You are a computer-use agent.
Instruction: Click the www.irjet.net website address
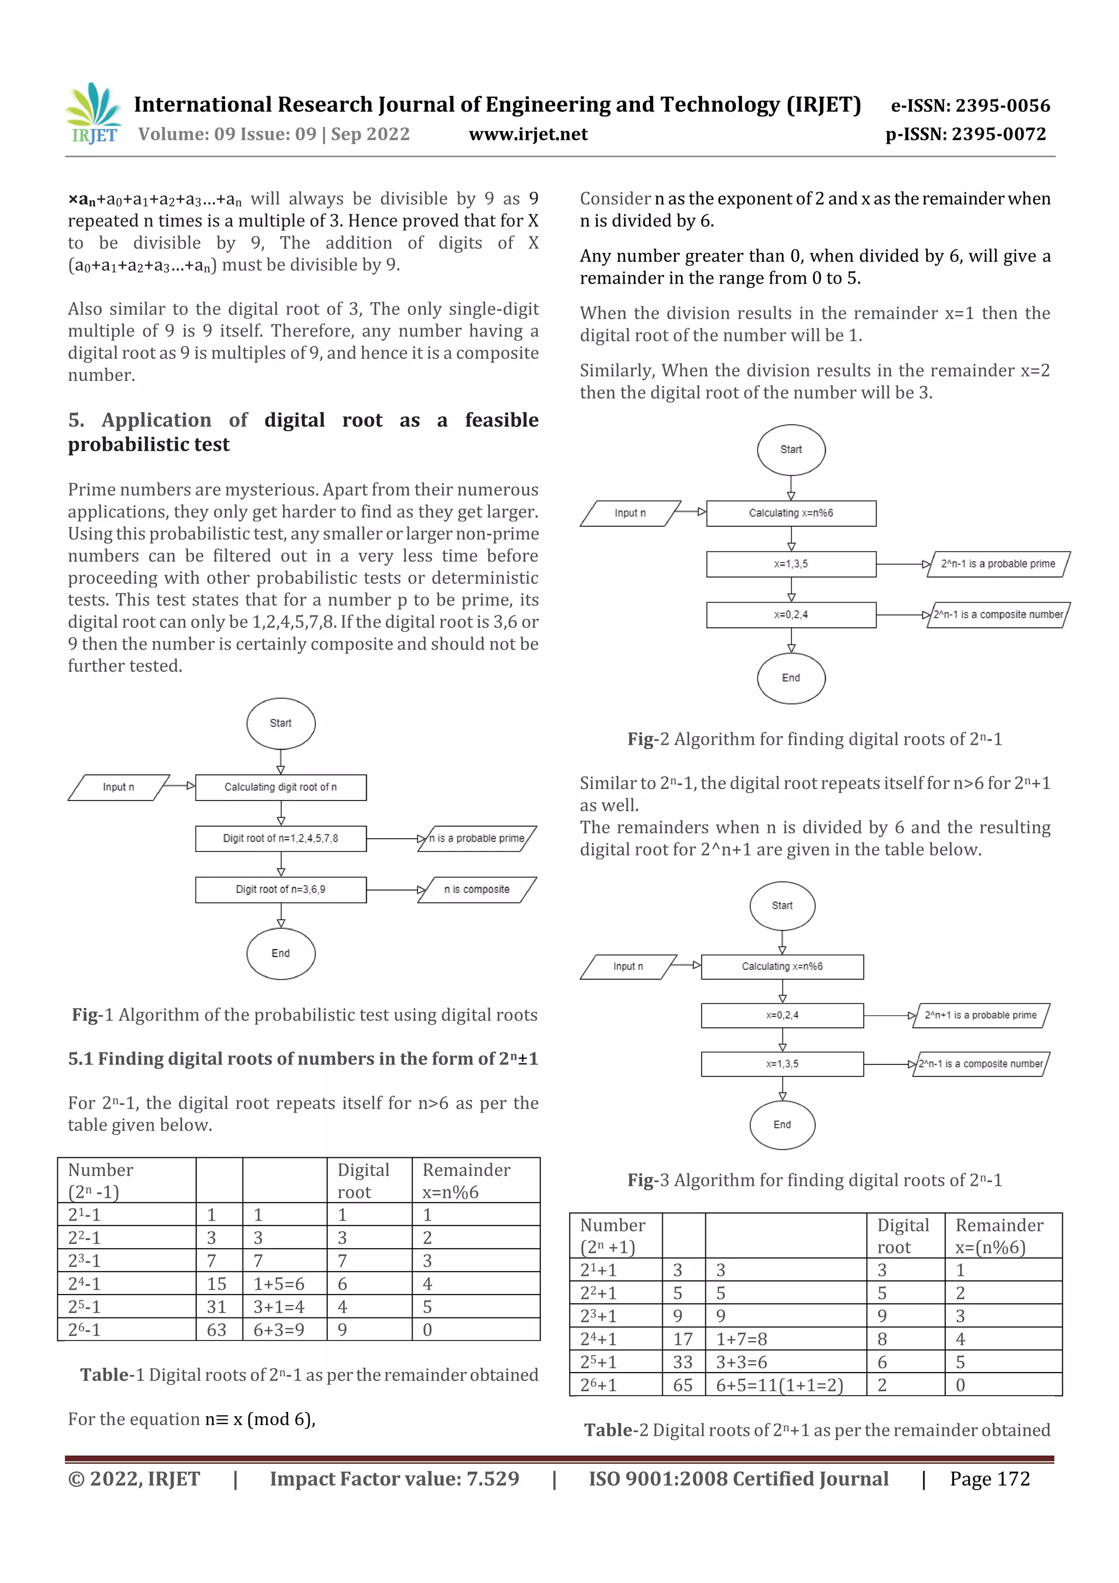[528, 134]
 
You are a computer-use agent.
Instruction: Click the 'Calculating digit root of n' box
[281, 787]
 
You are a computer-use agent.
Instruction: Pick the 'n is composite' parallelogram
[476, 890]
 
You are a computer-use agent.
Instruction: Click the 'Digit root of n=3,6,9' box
[281, 890]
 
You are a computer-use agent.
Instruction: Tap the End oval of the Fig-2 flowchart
[791, 678]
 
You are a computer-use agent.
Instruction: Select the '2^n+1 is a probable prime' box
[980, 1015]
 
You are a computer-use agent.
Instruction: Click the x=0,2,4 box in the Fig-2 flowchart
[791, 614]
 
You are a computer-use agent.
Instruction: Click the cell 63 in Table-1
[217, 1329]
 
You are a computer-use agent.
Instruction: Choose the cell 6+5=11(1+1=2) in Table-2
[780, 1385]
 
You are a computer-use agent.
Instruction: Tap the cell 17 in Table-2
[682, 1339]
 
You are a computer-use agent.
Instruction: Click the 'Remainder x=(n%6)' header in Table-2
[1000, 1235]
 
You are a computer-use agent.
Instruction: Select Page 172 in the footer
[990, 1478]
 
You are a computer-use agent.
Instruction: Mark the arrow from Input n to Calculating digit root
[181, 786]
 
